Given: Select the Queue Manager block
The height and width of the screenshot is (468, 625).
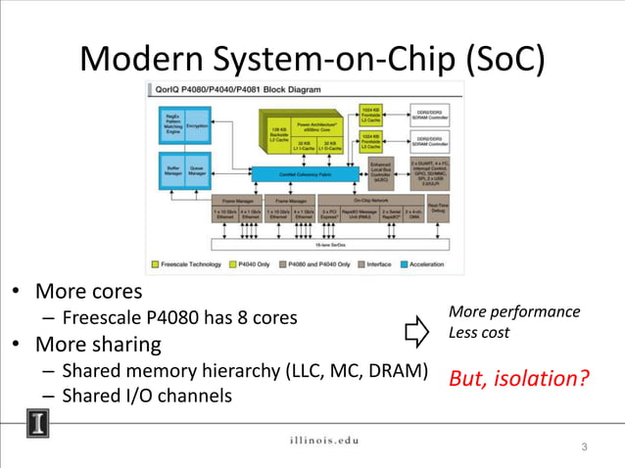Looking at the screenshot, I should coord(196,170).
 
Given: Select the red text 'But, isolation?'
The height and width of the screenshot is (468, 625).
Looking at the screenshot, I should coord(519,378).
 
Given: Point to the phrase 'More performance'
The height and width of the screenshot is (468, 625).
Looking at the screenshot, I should coord(513,312).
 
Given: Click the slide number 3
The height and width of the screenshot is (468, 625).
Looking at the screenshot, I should coord(584,447).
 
